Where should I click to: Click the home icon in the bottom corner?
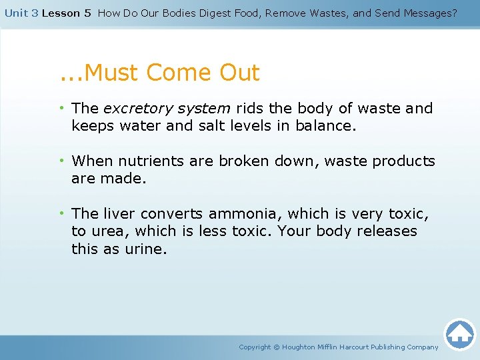(x=459, y=333)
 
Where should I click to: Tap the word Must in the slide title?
(x=110, y=72)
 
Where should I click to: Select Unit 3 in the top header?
(x=21, y=13)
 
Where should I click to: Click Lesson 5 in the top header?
(x=66, y=13)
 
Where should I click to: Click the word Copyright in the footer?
(x=255, y=347)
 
